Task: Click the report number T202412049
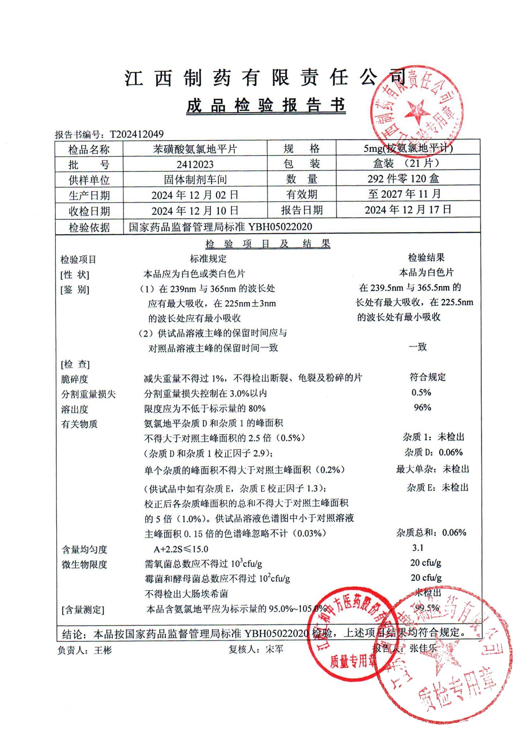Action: tap(137, 134)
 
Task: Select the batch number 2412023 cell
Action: tap(195, 165)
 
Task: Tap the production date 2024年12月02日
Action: tap(195, 195)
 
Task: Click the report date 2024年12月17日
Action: tap(408, 210)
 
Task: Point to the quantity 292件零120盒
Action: tap(403, 179)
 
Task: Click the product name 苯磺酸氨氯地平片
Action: tap(195, 149)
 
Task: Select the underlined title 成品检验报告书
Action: tap(266, 105)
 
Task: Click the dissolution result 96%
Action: tap(422, 407)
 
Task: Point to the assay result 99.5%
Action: tap(427, 607)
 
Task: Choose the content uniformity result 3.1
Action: tap(417, 548)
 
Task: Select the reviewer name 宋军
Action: tap(274, 649)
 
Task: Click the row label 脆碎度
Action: tap(74, 379)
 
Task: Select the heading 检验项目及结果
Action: tap(267, 244)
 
